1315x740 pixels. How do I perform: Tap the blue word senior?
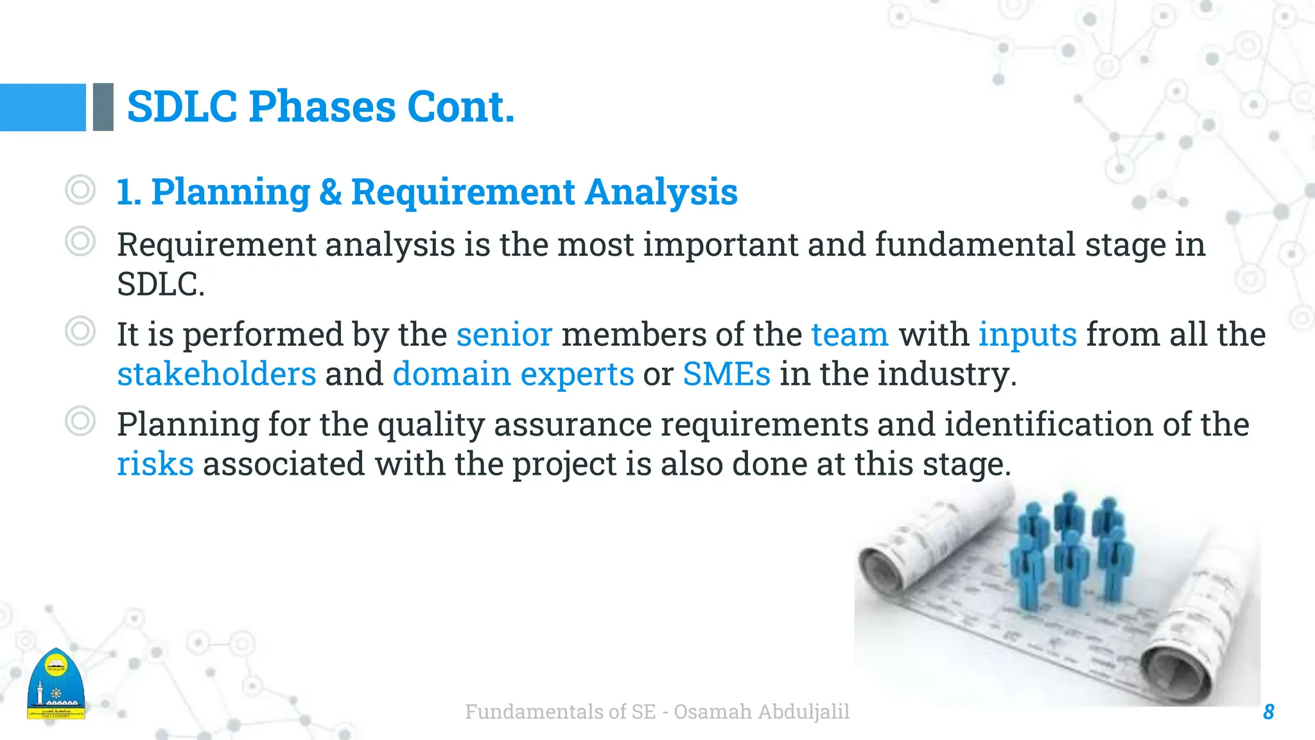[x=504, y=335]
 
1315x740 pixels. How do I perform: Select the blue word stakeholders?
[x=216, y=374]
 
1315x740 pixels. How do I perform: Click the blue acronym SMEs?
[x=726, y=374]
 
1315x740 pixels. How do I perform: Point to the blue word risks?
[x=155, y=464]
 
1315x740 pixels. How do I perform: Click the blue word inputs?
[x=1027, y=335]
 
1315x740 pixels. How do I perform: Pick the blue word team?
[x=849, y=335]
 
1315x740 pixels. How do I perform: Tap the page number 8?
[x=1268, y=712]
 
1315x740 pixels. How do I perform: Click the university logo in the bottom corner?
[x=56, y=685]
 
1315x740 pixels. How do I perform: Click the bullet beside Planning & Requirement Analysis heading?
[x=80, y=190]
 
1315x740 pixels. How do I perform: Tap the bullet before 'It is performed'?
[x=80, y=331]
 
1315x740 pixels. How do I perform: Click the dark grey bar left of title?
[x=103, y=107]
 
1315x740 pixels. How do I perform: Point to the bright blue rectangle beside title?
[x=42, y=107]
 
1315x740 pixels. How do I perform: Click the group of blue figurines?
[x=1069, y=549]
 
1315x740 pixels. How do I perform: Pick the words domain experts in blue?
[x=513, y=374]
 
